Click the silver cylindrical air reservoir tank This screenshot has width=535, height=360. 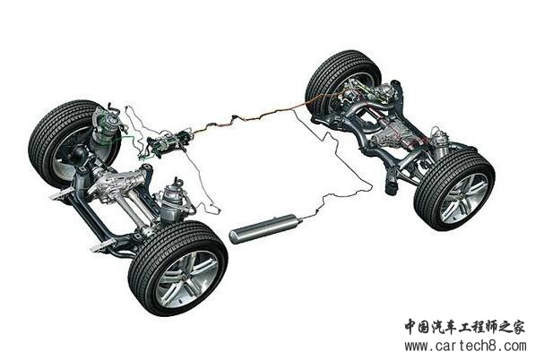(263, 228)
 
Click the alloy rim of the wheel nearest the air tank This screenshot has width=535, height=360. (186, 278)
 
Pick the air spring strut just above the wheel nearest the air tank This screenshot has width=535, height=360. (171, 201)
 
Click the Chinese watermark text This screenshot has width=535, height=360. (464, 327)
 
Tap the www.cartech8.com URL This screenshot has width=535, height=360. (465, 346)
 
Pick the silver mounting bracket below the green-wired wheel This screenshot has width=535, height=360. (62, 193)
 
